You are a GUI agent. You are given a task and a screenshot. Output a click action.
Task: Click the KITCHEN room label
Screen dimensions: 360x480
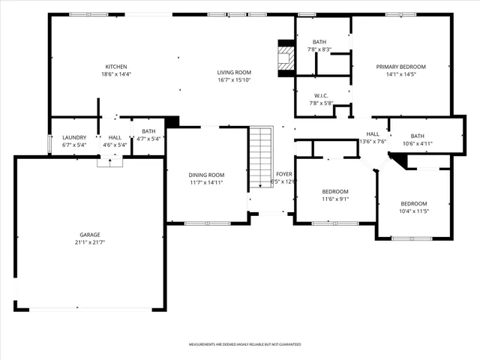click(115, 67)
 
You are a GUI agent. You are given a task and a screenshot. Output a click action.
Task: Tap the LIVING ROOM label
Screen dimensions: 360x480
click(233, 71)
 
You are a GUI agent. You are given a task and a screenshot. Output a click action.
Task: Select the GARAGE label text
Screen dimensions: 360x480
click(90, 235)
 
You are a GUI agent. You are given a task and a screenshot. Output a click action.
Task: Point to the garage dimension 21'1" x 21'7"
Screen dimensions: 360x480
click(90, 242)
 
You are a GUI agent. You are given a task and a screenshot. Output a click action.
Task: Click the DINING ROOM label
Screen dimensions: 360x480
click(206, 175)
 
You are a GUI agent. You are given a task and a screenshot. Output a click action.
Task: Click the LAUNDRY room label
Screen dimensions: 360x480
click(73, 137)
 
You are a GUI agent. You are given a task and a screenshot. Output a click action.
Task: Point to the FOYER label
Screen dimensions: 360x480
click(283, 174)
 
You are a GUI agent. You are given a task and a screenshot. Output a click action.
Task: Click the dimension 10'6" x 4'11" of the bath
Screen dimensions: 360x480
click(417, 143)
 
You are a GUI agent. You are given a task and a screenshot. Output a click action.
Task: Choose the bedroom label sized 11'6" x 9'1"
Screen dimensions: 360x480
click(334, 191)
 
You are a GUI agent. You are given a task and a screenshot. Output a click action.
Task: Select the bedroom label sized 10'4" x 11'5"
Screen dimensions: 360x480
click(413, 204)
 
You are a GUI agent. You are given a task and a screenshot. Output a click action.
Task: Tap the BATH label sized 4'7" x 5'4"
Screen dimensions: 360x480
click(148, 131)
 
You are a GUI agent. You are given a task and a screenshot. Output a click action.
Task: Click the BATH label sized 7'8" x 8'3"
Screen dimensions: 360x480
click(319, 42)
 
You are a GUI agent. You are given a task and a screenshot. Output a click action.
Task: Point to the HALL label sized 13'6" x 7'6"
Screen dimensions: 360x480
click(373, 134)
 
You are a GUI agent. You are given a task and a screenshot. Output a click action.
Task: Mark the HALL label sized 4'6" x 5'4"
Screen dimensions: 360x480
click(115, 137)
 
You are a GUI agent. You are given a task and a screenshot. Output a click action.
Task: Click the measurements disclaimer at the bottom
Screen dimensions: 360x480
click(244, 344)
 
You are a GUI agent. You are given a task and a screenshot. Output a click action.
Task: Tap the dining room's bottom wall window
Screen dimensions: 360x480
click(207, 223)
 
